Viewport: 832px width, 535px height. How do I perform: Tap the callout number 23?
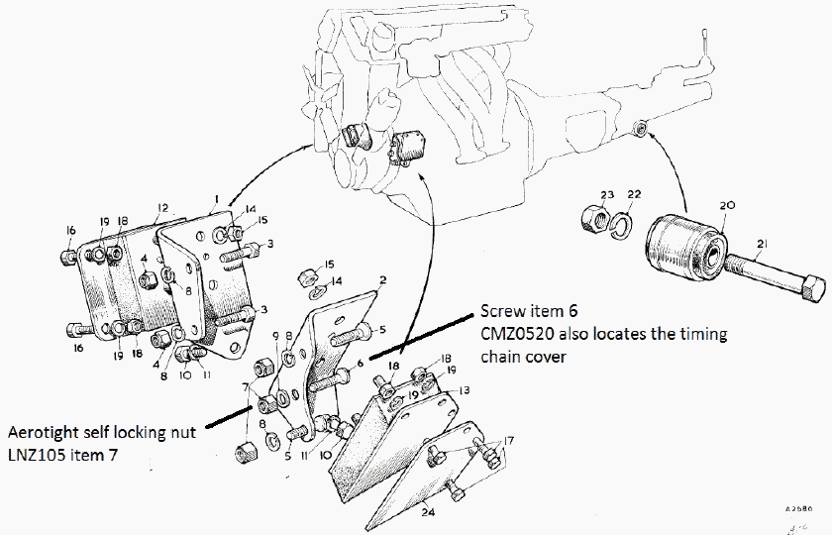607,195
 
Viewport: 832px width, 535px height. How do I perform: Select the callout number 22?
635,195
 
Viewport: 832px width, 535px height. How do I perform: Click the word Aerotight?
45,433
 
